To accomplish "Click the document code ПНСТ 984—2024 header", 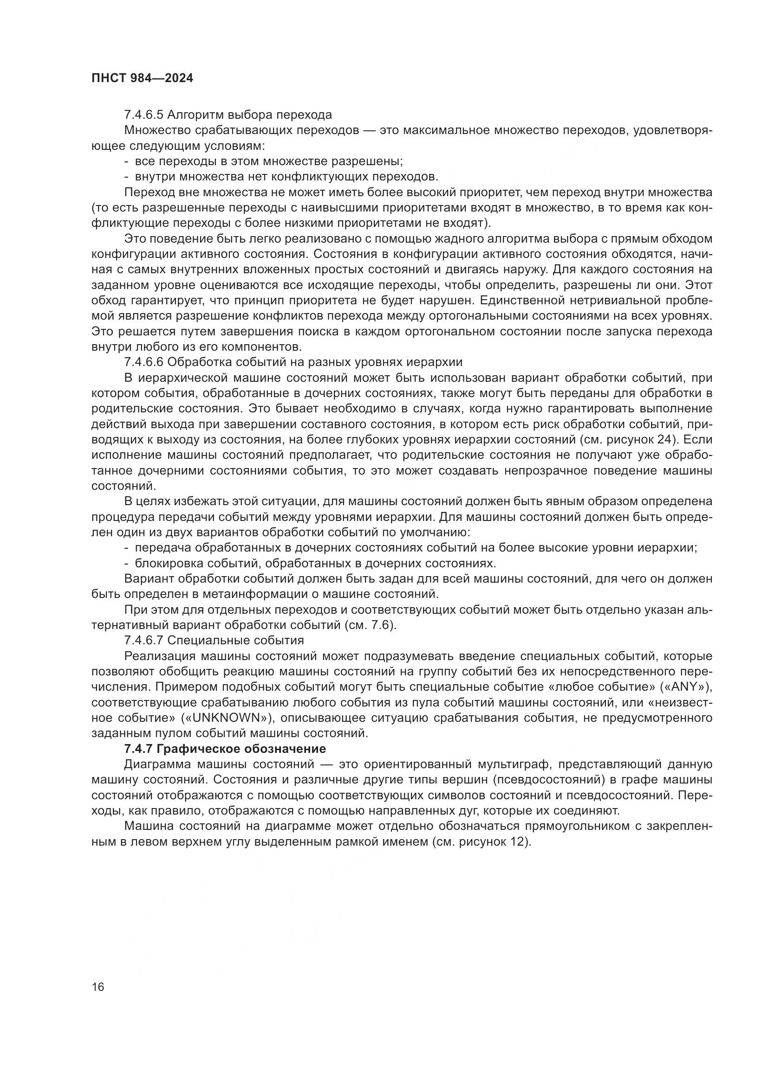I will coord(143,78).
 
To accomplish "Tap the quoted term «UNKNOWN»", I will coord(227,718).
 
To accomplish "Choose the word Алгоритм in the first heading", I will coord(195,115).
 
